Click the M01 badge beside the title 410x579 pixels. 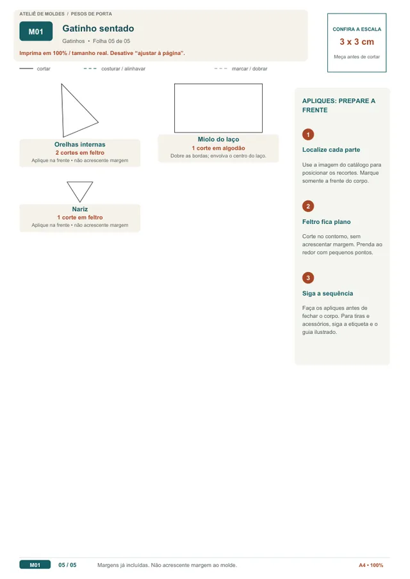coord(36,31)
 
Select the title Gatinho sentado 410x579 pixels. coord(98,28)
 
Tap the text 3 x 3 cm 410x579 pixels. coord(357,42)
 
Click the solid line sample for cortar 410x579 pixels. coord(26,68)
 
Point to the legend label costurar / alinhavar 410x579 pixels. coord(123,68)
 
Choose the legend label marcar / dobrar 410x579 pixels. coord(250,68)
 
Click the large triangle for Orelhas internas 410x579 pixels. coord(62,111)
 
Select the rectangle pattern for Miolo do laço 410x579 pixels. coord(174,108)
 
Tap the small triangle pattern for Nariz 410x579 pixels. coord(73,192)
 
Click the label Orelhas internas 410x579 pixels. coord(80,145)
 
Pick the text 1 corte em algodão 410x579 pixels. coord(218,148)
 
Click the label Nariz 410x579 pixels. coord(80,209)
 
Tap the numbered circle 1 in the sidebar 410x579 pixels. coord(308,134)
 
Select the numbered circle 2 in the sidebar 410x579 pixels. coord(308,206)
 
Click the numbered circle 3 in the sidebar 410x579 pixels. coord(308,278)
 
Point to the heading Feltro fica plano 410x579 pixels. coord(327,221)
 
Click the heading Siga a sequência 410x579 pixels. coord(327,294)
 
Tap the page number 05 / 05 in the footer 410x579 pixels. coord(67,565)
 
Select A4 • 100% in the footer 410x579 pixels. coord(371,566)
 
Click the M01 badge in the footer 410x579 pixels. coord(35,565)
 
